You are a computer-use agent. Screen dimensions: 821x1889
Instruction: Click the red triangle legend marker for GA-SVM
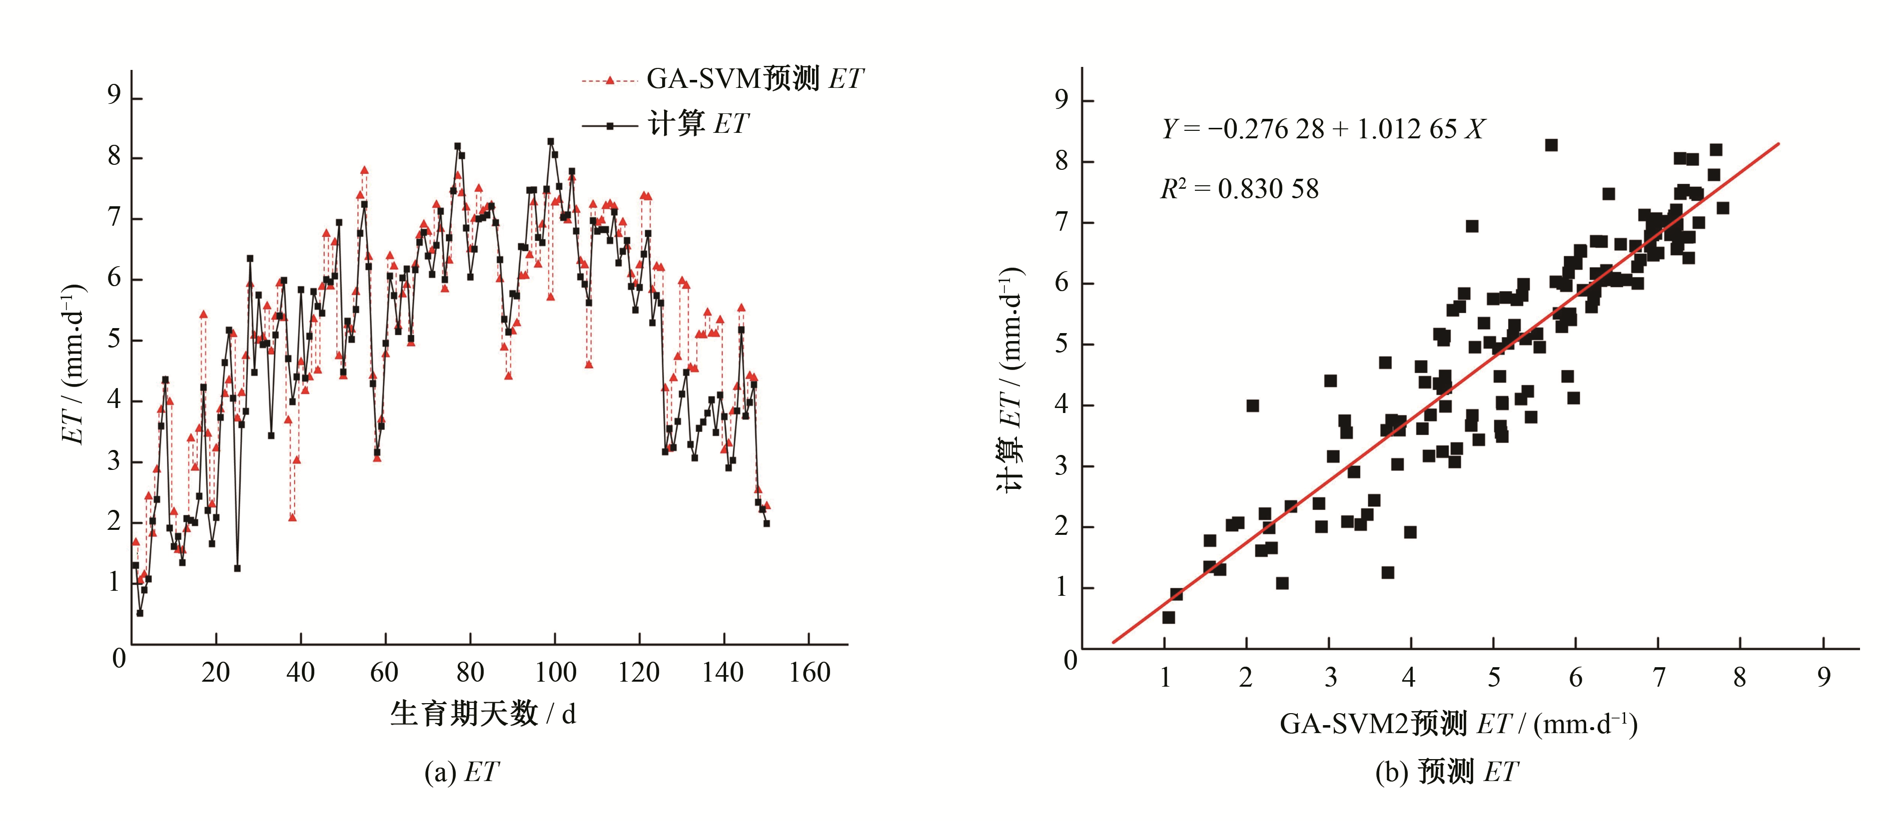click(609, 80)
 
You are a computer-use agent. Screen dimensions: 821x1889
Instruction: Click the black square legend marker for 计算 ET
click(609, 126)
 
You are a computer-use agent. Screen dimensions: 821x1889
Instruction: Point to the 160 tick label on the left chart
click(809, 672)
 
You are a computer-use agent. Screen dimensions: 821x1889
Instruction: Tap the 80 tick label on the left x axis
click(470, 672)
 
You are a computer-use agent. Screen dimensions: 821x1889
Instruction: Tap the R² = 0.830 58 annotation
click(1239, 189)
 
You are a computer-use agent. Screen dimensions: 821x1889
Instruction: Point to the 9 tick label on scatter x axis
click(1824, 677)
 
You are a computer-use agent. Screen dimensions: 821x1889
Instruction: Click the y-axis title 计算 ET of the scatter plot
click(1010, 381)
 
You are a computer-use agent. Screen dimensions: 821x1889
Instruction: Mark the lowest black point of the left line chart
click(139, 613)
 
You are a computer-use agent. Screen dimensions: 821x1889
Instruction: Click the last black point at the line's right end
click(766, 523)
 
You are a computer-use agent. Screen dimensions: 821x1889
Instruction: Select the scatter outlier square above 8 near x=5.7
click(1551, 145)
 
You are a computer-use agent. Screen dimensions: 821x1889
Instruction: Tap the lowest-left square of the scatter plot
click(1168, 618)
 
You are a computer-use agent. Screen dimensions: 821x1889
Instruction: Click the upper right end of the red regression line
click(1778, 144)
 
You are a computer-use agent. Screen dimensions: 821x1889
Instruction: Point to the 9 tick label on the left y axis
click(113, 95)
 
